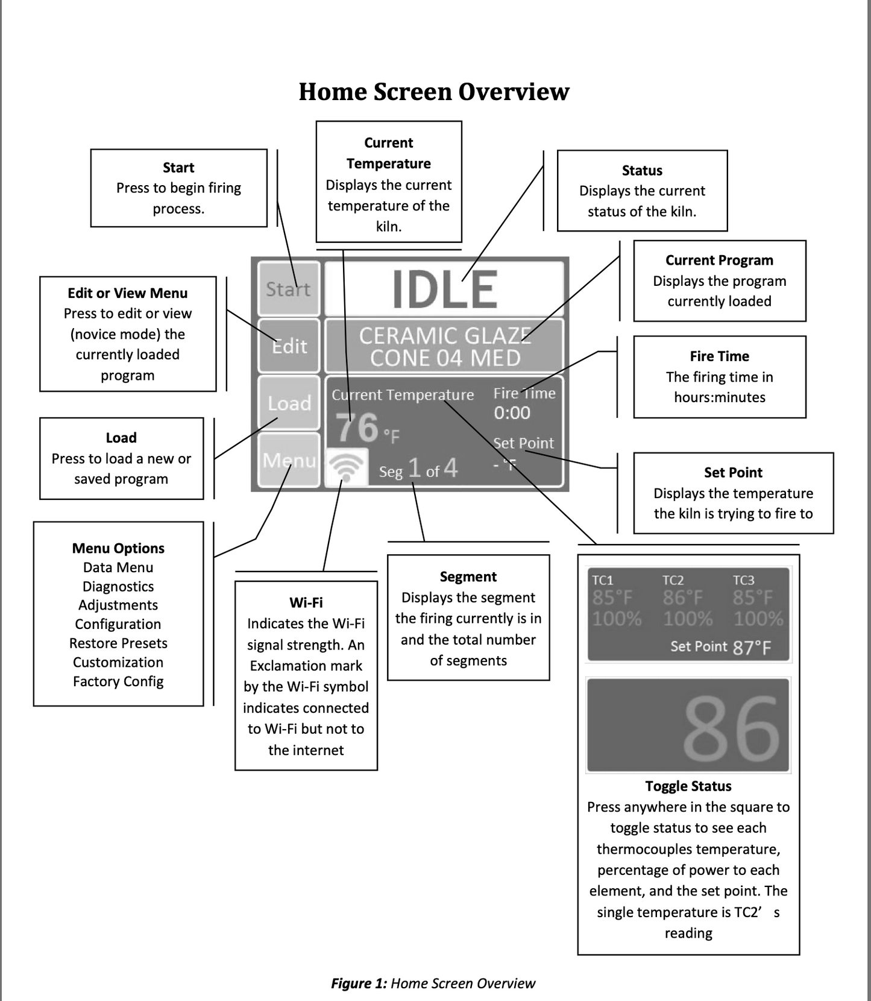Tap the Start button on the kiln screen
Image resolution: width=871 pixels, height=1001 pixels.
click(x=289, y=289)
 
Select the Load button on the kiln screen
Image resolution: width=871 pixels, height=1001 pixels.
click(x=289, y=403)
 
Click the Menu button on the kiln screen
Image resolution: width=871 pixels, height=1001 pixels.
click(x=289, y=459)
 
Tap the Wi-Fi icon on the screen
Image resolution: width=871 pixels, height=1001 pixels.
click(x=347, y=467)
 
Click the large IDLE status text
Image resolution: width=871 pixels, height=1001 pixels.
click(x=445, y=289)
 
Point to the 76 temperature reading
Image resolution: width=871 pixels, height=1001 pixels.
click(x=357, y=427)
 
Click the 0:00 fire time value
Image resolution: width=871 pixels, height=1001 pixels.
click(x=512, y=413)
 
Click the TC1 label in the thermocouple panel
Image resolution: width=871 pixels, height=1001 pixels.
click(x=602, y=580)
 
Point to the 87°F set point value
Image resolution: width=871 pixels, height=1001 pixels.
click(x=752, y=648)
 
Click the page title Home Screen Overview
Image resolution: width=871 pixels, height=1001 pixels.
click(x=434, y=92)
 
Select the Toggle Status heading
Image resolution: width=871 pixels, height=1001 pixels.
click(x=688, y=786)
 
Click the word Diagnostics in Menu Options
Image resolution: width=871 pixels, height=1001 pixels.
click(x=118, y=587)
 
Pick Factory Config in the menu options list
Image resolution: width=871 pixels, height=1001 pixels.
click(x=118, y=681)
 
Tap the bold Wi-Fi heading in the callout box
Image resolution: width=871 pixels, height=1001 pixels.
click(x=306, y=602)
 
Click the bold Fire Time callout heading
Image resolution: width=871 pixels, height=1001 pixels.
click(x=720, y=356)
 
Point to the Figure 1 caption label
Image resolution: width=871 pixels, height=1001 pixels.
click(x=359, y=984)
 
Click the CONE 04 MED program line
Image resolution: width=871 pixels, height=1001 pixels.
click(x=445, y=358)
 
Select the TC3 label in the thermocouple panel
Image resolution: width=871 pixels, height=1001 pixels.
click(x=743, y=580)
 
